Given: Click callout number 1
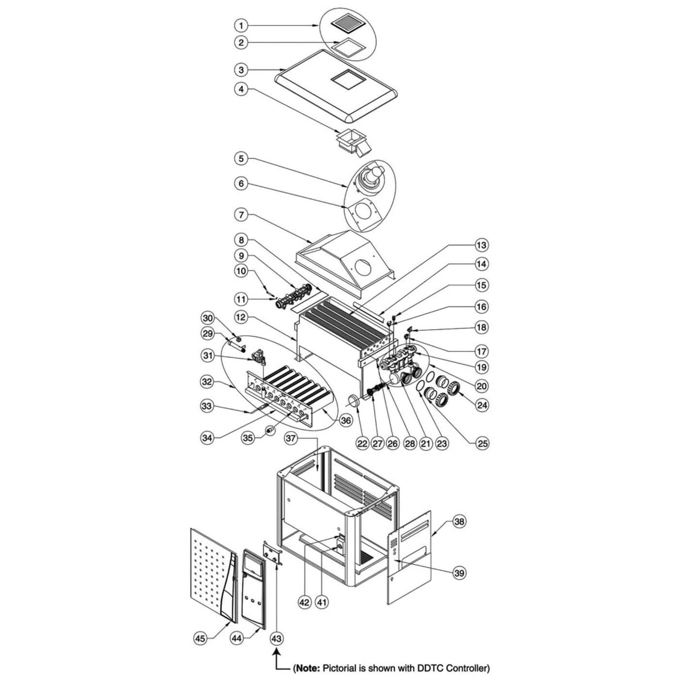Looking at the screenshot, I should [x=241, y=25].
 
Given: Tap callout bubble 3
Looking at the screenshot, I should [x=241, y=70].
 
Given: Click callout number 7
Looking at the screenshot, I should [x=241, y=215].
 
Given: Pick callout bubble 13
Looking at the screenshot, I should [x=481, y=245].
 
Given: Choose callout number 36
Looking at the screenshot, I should [x=346, y=421].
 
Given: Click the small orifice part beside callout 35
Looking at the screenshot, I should [x=271, y=430].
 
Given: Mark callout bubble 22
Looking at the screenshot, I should [x=362, y=443].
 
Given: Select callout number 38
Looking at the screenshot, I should [x=459, y=521].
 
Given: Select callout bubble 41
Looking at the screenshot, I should [x=322, y=603].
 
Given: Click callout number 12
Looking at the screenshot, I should [x=241, y=317].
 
